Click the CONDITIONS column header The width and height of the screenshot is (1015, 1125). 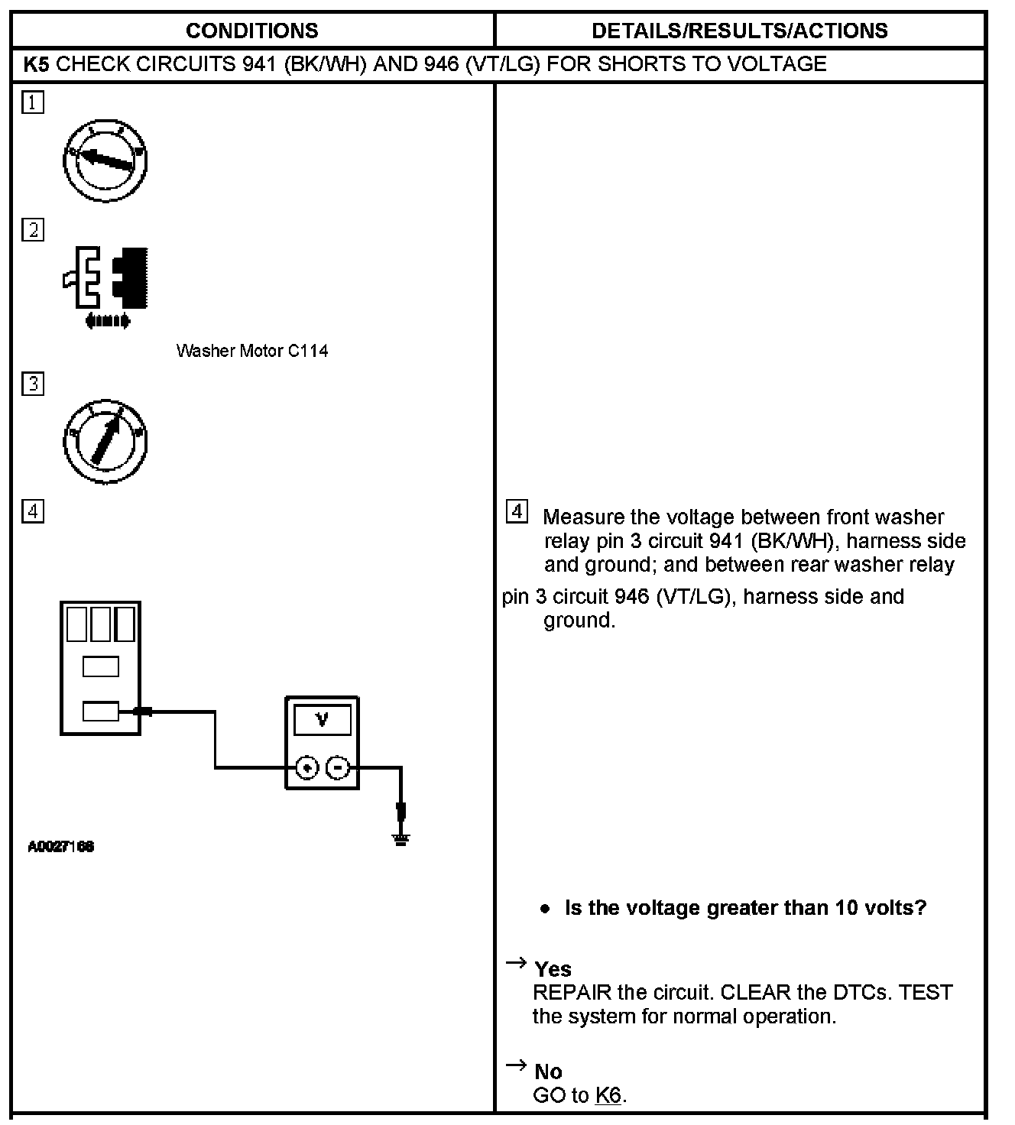251,31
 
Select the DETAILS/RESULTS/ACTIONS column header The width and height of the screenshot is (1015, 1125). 739,31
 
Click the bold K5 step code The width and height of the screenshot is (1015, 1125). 36,63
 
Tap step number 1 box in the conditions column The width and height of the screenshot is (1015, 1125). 33,102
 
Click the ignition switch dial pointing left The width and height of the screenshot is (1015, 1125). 105,160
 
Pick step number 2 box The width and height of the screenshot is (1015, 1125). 33,230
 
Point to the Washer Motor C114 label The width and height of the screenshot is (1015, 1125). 252,351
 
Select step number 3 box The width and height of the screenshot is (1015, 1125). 33,384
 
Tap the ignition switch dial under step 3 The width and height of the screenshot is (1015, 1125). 105,442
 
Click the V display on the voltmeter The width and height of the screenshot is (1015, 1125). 322,720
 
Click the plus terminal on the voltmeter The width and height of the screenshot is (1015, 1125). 306,768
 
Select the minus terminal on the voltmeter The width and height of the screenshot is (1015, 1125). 338,768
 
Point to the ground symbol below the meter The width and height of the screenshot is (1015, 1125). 400,838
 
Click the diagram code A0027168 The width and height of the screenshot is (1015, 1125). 61,847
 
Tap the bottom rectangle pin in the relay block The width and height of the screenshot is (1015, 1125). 100,712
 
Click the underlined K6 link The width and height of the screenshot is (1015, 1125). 608,1095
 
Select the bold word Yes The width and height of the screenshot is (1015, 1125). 553,969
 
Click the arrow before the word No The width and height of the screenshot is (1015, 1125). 517,1065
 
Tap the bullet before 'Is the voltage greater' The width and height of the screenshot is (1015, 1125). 544,909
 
